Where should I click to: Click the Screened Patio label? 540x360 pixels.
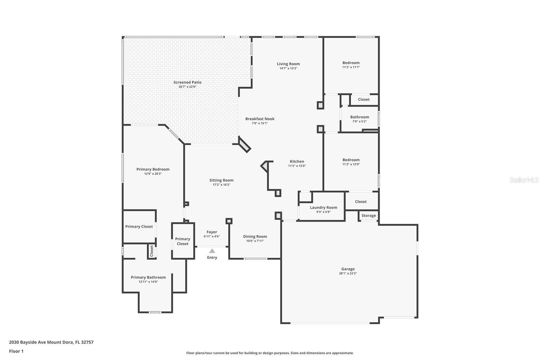click(x=187, y=82)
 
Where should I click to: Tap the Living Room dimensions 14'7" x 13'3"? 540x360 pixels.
click(x=288, y=68)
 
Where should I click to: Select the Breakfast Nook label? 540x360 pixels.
click(x=260, y=119)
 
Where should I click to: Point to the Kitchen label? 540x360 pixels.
click(x=297, y=161)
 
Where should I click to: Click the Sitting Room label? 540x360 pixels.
click(x=221, y=180)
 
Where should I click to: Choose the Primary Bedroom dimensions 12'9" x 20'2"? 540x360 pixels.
click(x=153, y=174)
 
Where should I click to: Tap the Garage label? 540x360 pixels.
click(x=348, y=269)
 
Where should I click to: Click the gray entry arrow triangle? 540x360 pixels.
click(x=212, y=251)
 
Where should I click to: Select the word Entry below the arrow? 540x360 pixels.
click(x=212, y=257)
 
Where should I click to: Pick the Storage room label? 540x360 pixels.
click(x=369, y=215)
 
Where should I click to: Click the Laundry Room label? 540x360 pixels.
click(x=324, y=207)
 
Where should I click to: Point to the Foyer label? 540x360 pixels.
click(x=212, y=232)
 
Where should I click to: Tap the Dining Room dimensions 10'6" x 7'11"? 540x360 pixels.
click(x=255, y=241)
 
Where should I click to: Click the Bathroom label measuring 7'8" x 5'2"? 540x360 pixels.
click(x=359, y=117)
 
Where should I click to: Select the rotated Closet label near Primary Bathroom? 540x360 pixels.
click(x=152, y=251)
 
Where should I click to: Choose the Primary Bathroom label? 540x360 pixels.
click(x=148, y=277)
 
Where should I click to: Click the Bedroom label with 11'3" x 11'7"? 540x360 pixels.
click(x=351, y=63)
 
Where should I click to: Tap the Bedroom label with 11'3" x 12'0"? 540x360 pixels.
click(x=351, y=160)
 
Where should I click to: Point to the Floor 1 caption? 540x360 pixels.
click(x=16, y=351)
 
